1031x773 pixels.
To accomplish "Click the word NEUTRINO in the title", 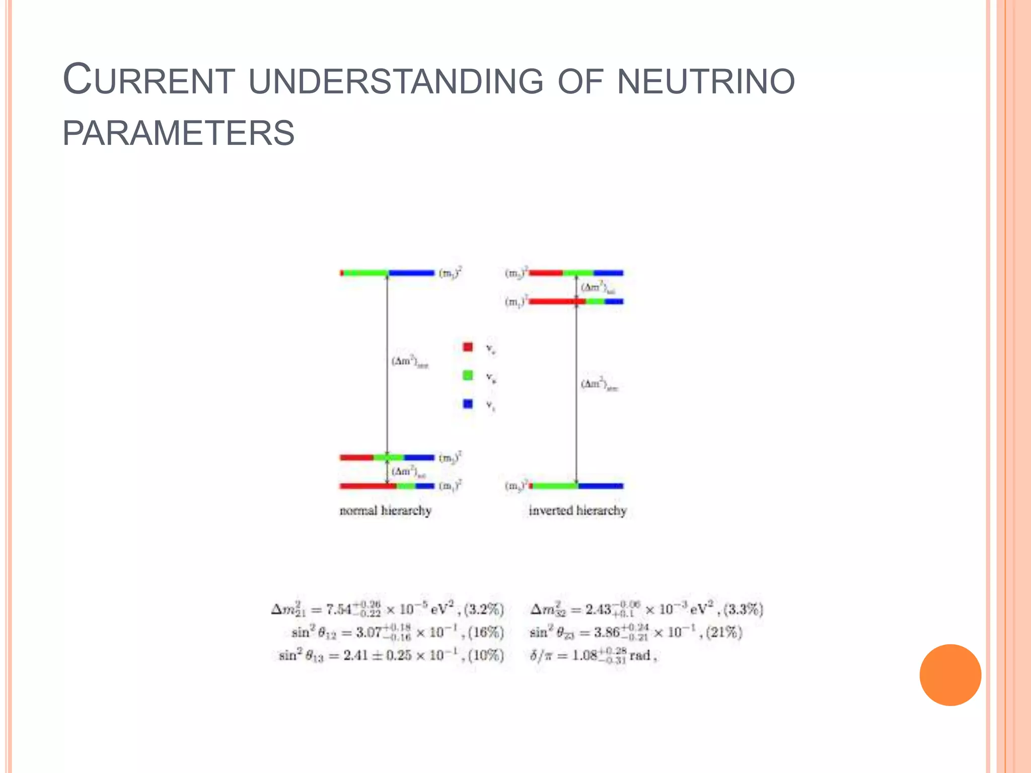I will coord(706,82).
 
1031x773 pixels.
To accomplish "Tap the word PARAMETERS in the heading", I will coord(179,133).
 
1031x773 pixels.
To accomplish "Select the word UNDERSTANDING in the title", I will coord(396,82).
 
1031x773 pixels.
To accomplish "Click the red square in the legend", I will coord(468,347).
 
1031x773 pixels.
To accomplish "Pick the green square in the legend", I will coord(468,375).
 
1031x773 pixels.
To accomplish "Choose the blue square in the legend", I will coord(468,404).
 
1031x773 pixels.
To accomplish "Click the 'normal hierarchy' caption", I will coord(385,511).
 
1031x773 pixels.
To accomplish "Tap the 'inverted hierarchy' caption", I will coord(577,511).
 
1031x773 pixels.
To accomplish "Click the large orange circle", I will coord(950,675).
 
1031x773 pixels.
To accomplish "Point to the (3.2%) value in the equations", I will coord(484,609).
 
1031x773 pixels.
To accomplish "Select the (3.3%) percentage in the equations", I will coord(743,609).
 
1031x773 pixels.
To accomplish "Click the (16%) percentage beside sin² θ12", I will coord(486,632).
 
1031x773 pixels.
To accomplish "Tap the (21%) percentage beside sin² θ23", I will coord(724,632).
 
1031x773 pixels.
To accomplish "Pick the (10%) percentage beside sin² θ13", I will coord(486,655).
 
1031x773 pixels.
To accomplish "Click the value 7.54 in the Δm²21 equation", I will coord(339,610).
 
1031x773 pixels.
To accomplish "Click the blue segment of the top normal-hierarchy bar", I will coord(411,273).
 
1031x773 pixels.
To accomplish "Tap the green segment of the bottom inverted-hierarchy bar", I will coord(555,486).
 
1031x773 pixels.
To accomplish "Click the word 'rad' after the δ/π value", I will coord(640,656).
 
